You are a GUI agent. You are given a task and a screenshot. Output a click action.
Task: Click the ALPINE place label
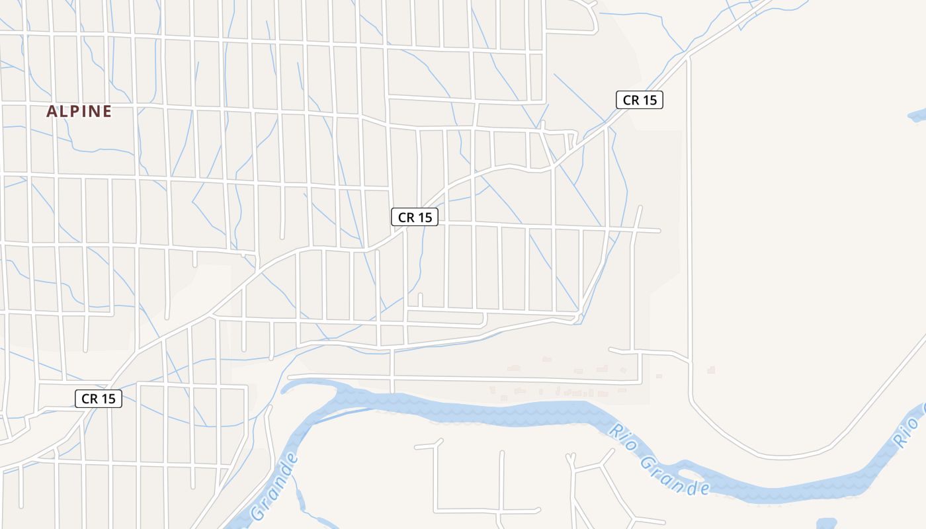(x=79, y=112)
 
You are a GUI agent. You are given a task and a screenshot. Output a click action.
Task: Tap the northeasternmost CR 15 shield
(x=639, y=100)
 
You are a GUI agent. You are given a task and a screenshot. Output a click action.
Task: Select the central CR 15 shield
(x=415, y=217)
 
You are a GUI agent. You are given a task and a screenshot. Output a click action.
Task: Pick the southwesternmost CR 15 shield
(x=99, y=399)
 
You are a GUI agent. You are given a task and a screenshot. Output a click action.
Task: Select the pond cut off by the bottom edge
(x=827, y=524)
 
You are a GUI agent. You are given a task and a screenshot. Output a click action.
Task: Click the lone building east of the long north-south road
(x=711, y=370)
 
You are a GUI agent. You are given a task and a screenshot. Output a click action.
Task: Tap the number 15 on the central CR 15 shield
(x=425, y=217)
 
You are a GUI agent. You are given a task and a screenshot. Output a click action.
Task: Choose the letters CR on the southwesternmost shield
(x=89, y=399)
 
